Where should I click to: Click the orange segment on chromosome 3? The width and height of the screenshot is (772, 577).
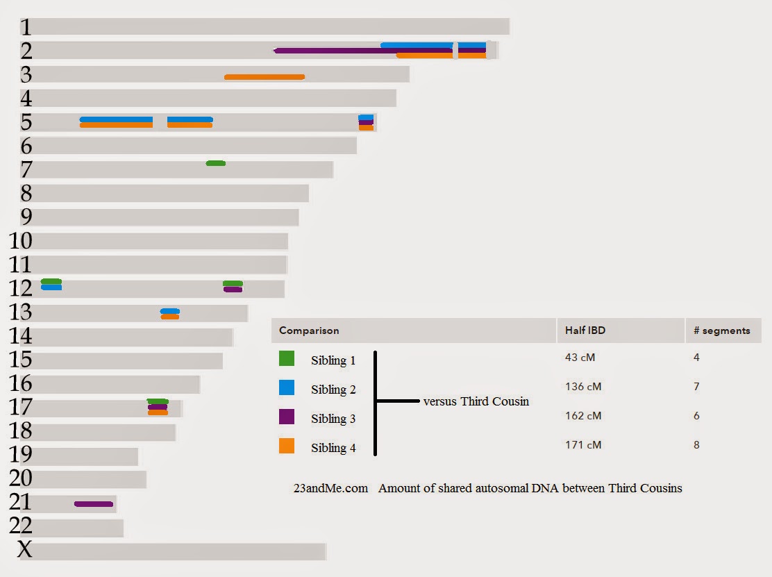click(x=264, y=76)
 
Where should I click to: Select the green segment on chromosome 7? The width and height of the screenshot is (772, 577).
click(x=216, y=163)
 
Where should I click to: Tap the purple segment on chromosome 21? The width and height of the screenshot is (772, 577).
click(x=94, y=504)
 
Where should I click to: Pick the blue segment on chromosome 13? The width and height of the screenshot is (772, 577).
click(x=170, y=311)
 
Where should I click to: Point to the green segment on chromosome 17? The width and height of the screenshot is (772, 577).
click(x=158, y=401)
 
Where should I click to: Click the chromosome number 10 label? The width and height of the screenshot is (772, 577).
click(x=21, y=241)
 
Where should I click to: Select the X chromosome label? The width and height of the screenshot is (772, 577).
click(x=24, y=550)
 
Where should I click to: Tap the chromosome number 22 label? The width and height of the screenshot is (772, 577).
click(x=21, y=526)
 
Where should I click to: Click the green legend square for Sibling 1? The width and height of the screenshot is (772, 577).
click(x=287, y=359)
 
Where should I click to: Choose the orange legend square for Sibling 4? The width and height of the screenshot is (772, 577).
click(x=287, y=446)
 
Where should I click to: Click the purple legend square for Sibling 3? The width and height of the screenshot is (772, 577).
click(x=287, y=417)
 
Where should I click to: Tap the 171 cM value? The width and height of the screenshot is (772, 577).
click(x=583, y=445)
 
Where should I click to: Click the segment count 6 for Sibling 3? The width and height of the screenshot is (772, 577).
click(x=696, y=416)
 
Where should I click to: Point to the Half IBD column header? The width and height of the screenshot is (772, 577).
click(x=585, y=331)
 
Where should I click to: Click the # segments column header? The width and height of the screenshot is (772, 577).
click(x=722, y=331)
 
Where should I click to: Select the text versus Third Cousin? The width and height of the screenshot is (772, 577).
click(x=476, y=401)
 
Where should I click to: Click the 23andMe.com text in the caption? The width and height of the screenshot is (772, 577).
click(x=330, y=488)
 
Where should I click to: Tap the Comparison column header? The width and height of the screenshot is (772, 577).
click(x=309, y=331)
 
